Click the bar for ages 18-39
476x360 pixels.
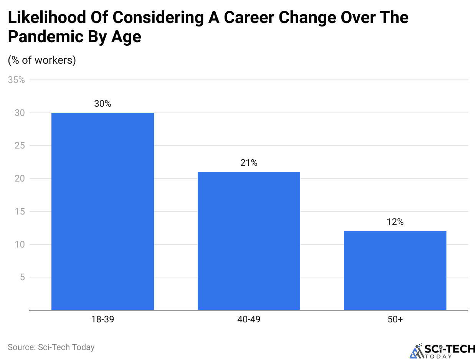[102, 211]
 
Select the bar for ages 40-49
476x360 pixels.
[249, 241]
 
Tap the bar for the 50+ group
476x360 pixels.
[395, 270]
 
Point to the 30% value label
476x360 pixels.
[102, 104]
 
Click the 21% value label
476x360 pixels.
[249, 163]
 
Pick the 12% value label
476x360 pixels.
[395, 222]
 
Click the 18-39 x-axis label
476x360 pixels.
[102, 319]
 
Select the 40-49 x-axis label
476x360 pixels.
[249, 319]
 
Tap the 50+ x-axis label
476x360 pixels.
[395, 319]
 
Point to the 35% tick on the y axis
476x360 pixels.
[16, 80]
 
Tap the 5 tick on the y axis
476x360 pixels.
[22, 277]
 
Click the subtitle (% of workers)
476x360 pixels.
[42, 60]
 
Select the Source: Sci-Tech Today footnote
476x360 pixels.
[51, 347]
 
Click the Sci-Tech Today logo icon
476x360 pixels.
[416, 350]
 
